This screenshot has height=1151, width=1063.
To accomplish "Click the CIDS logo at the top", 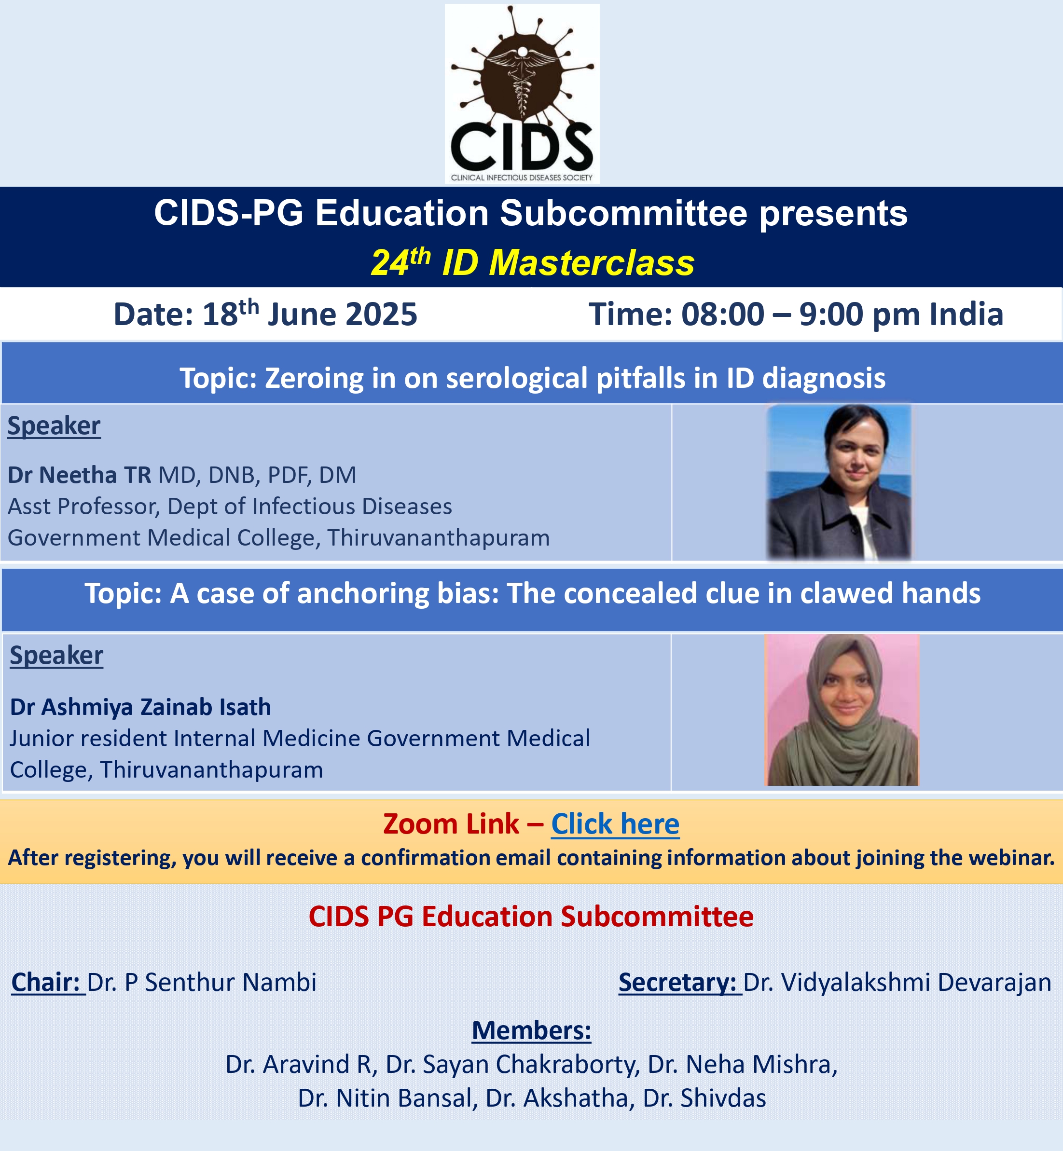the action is click(522, 94).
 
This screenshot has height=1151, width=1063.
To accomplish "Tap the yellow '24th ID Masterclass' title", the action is click(533, 262).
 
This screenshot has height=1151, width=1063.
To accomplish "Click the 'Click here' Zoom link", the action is click(615, 824).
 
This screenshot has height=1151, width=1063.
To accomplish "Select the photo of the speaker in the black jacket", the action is click(839, 482).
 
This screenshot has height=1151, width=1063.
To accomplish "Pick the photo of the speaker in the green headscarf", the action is click(842, 710).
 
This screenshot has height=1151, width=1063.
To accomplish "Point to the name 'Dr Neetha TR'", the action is click(80, 475).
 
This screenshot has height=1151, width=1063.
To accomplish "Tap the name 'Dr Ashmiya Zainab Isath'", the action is click(140, 707).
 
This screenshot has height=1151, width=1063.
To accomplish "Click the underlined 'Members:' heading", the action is click(532, 1030).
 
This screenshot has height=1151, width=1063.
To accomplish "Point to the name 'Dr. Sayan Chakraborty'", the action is click(512, 1064).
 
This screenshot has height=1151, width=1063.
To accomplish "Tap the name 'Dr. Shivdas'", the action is click(704, 1098).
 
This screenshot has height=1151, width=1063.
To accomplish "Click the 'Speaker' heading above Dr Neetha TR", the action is click(54, 426).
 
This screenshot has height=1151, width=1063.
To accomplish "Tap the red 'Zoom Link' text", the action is click(451, 824).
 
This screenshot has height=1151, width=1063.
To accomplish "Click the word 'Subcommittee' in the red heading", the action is click(657, 917).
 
